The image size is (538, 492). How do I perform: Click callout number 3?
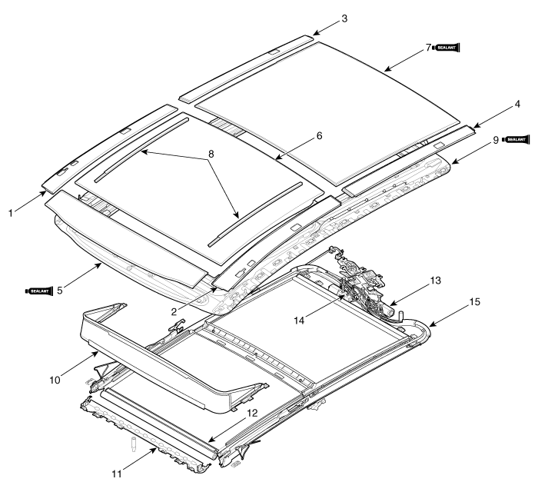[x=344, y=18]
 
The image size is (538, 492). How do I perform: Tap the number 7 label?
[x=428, y=48]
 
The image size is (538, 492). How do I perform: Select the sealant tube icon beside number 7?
[x=446, y=48]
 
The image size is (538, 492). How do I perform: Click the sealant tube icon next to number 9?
[x=516, y=140]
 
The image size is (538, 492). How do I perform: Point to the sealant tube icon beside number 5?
[x=39, y=291]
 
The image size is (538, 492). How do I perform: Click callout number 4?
[x=517, y=104]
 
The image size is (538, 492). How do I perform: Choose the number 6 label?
[x=320, y=136]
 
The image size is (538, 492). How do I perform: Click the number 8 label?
[x=211, y=154]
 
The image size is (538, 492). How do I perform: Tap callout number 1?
[x=11, y=213]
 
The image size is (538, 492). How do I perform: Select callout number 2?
[x=174, y=311]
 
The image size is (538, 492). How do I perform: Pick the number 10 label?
[x=55, y=380]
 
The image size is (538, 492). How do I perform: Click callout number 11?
[x=117, y=474]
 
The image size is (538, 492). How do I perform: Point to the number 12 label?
[x=252, y=413]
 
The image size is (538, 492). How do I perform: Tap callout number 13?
[x=435, y=281]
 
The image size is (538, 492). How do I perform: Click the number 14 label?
[x=299, y=321]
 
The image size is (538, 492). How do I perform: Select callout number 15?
[x=474, y=302]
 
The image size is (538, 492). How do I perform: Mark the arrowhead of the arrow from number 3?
[x=314, y=34]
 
